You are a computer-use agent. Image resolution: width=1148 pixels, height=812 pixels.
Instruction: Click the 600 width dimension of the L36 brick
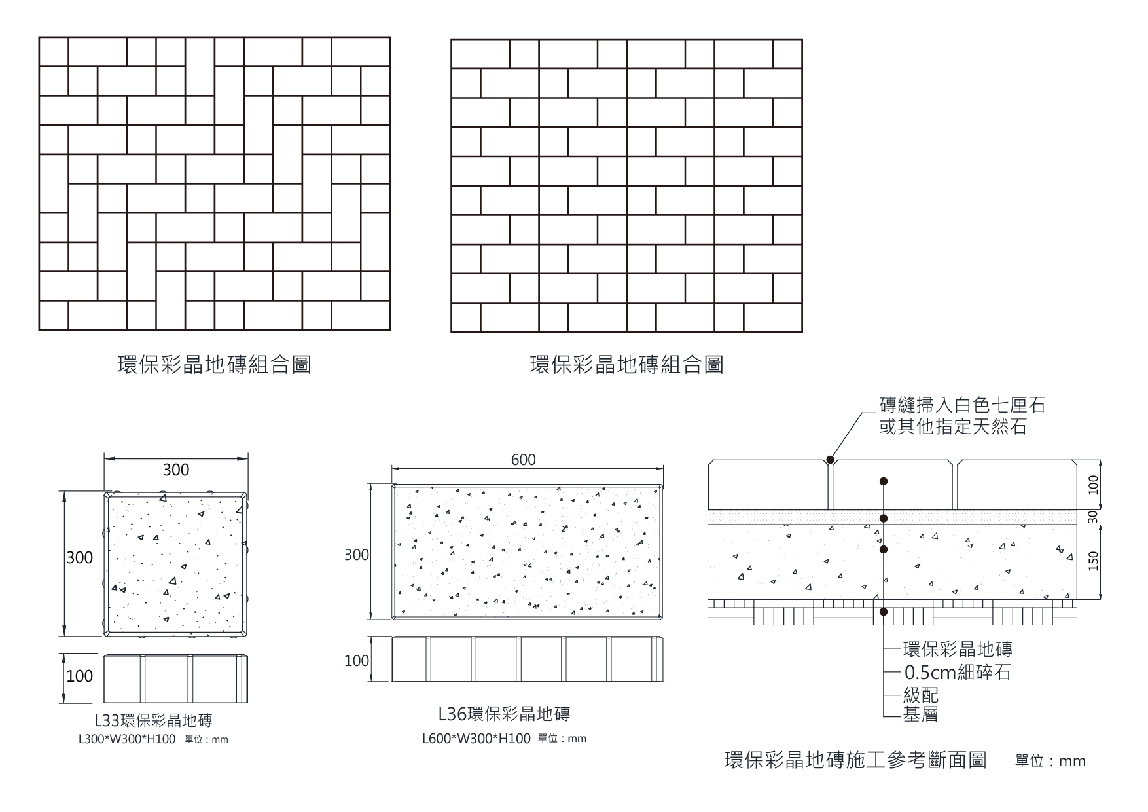point(523,460)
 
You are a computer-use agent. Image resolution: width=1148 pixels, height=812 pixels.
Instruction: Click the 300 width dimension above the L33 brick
point(175,470)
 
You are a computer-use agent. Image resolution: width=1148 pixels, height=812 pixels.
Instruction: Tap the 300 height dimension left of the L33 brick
point(79,558)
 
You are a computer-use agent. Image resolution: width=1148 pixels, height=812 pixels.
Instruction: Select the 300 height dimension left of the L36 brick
point(357,555)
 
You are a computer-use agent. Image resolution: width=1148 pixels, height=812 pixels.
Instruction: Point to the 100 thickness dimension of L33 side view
point(79,676)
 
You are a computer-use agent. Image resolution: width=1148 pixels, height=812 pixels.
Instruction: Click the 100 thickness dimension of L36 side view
point(357,661)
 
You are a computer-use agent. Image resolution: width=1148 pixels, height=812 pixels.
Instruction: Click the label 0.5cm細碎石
point(958,673)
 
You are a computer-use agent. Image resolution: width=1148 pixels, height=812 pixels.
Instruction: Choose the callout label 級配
point(920,694)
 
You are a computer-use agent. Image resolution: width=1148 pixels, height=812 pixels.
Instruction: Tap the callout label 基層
point(920,714)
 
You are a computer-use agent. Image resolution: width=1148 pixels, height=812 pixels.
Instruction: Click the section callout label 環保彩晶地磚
point(958,650)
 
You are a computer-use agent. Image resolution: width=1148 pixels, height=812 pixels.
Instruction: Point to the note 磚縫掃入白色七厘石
point(961,405)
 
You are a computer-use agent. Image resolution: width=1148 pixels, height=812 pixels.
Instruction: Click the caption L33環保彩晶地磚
point(153,721)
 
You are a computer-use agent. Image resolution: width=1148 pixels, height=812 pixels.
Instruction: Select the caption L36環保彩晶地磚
point(504,713)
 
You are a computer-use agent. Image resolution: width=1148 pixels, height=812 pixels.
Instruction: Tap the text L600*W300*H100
point(476,739)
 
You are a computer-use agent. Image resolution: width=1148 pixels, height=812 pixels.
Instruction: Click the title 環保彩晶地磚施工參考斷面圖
point(855,760)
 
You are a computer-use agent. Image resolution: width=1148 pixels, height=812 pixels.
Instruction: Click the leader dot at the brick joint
point(830,460)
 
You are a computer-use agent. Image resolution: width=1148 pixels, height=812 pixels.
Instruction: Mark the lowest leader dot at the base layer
point(884,612)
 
